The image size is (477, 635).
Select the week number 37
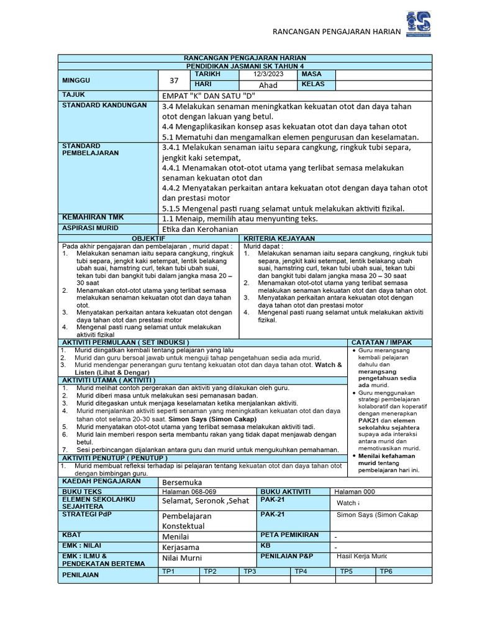click(x=173, y=80)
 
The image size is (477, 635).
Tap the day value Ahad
click(x=268, y=85)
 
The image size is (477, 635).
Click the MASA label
click(x=312, y=74)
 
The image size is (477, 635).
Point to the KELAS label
click(x=314, y=84)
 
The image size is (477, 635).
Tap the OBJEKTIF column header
click(x=149, y=239)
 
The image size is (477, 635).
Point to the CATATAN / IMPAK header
click(x=381, y=342)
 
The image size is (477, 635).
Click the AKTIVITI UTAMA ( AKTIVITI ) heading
click(x=108, y=380)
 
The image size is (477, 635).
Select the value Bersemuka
click(x=182, y=482)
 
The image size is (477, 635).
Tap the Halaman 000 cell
click(x=355, y=491)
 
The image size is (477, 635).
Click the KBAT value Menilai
click(x=176, y=536)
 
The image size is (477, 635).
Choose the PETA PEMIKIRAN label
click(x=289, y=535)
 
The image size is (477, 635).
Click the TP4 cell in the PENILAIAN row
click(x=301, y=571)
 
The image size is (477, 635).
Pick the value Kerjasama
click(x=181, y=548)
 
